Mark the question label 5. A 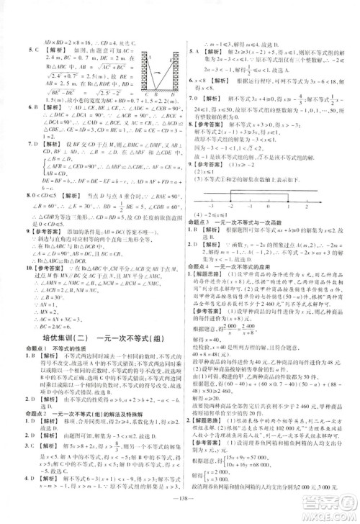[x=192, y=51]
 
